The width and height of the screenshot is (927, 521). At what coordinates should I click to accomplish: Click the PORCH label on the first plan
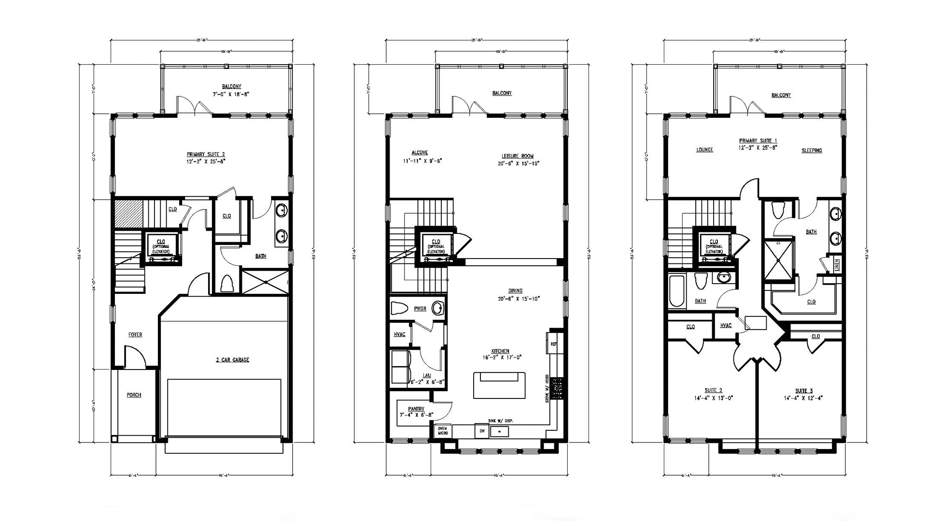134,395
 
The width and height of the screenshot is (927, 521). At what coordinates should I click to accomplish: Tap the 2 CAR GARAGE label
232,360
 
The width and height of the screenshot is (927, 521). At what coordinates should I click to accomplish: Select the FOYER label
135,335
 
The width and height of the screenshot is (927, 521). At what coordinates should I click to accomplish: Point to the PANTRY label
416,409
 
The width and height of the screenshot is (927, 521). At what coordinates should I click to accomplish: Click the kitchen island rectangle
499,385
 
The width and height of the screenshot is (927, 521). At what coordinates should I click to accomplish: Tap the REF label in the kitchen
554,344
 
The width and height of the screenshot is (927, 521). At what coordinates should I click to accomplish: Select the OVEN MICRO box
443,431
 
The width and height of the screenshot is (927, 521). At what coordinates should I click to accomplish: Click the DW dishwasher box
481,431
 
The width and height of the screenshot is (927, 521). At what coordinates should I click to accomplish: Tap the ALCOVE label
420,152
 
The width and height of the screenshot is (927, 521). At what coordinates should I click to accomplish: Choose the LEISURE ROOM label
517,156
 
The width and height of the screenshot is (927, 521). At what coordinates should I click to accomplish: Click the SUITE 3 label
804,391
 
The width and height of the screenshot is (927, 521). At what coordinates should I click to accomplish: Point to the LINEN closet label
837,265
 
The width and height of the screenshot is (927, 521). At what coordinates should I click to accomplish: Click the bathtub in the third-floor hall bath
676,290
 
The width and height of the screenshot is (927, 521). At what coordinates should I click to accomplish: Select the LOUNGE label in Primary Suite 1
704,150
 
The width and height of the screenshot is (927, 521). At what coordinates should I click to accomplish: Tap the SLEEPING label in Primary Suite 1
812,151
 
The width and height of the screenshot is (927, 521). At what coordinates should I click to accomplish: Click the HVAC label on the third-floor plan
726,326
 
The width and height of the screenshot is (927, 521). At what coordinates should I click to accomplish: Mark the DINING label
515,291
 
